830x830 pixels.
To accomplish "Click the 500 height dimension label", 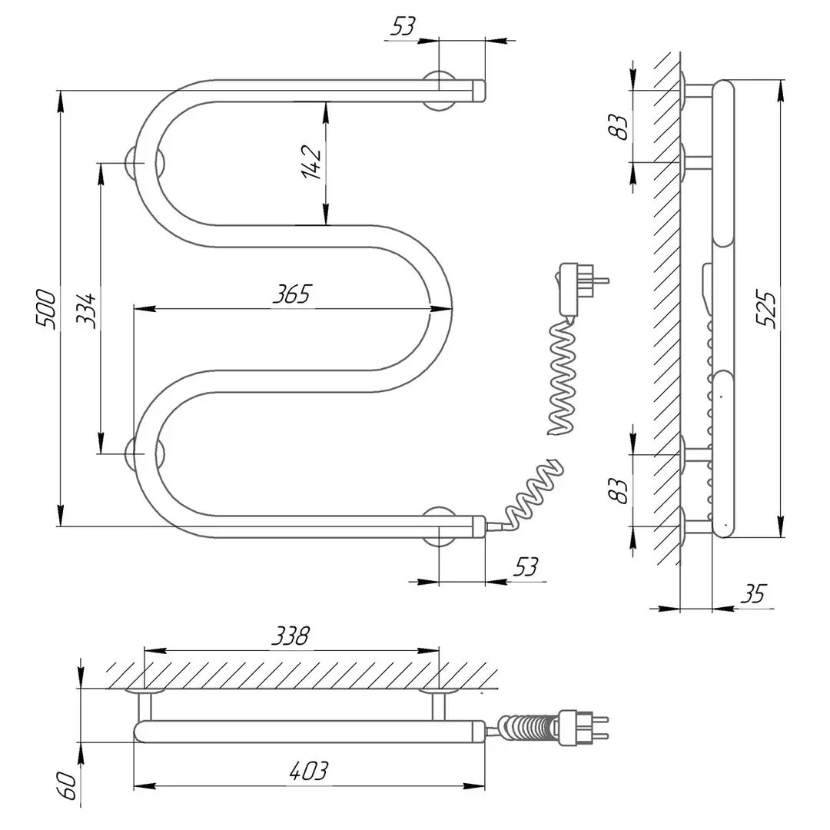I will point(47,309).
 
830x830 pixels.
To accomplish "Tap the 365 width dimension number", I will point(293,294).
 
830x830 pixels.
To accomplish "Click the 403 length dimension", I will point(310,771).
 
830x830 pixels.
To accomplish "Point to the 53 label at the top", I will point(403,27).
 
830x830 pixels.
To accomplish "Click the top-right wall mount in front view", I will point(440,90).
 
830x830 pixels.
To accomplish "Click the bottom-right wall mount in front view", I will point(440,526).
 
